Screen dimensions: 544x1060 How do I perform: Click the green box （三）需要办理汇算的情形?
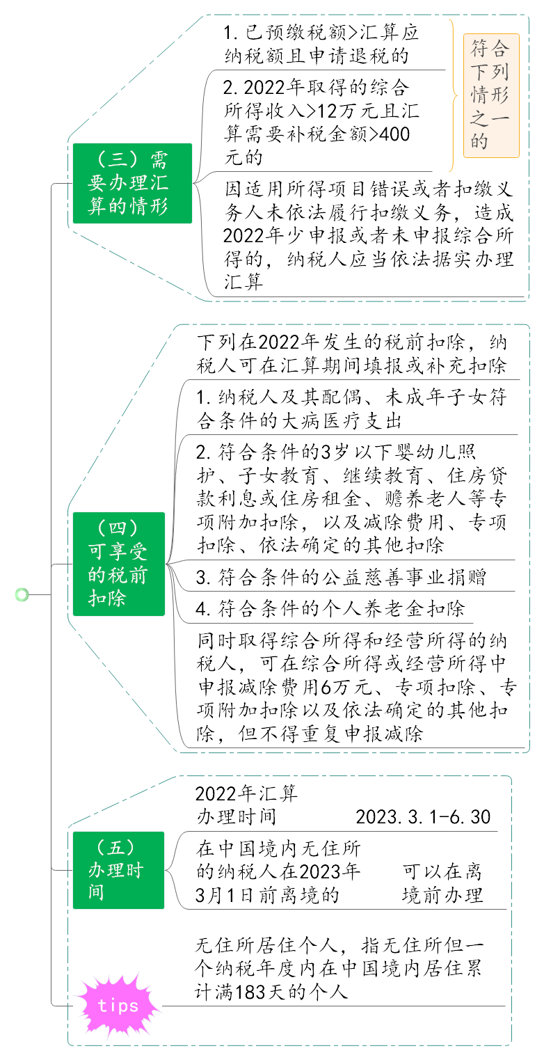[132, 183]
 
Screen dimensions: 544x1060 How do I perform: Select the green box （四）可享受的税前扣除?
[119, 564]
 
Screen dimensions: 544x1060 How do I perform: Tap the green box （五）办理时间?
[118, 870]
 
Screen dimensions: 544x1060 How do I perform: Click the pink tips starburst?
[118, 1005]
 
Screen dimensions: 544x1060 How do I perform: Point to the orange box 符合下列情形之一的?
[491, 95]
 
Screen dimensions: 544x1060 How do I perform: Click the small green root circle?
[22, 594]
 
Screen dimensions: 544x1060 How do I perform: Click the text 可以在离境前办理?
[442, 883]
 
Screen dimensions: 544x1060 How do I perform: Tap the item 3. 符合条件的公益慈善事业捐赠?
[341, 577]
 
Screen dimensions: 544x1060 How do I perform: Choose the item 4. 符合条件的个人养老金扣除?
[330, 608]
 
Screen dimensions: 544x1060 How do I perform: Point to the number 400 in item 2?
[394, 134]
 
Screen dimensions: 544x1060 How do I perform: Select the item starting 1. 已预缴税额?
[321, 44]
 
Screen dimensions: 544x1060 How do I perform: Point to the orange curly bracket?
[453, 95]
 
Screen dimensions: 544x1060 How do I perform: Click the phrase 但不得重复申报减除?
[330, 734]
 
